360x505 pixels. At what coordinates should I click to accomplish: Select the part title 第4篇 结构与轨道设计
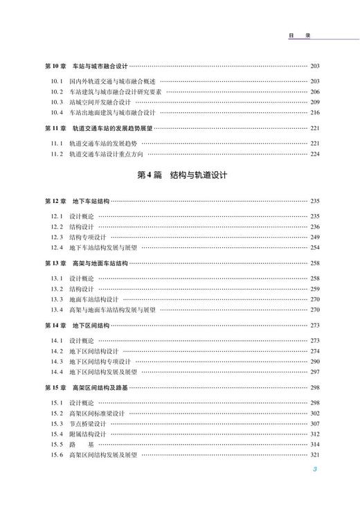[179, 177]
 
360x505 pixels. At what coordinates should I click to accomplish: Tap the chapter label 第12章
[55, 202]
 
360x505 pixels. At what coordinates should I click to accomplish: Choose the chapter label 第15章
[55, 388]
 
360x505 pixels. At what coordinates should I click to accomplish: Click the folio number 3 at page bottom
[314, 470]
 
